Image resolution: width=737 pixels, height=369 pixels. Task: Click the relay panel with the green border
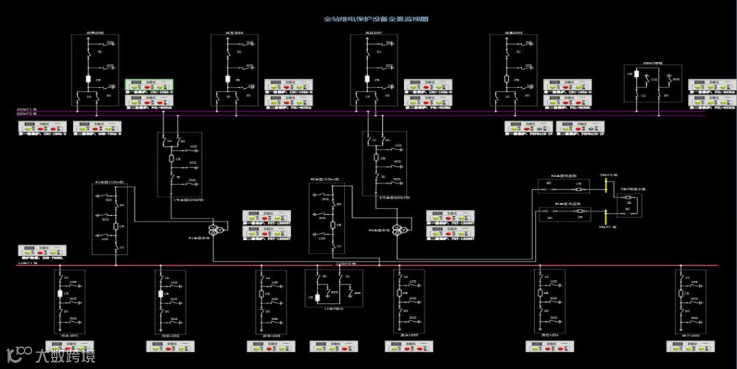149,87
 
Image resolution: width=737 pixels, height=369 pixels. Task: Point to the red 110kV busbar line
369,266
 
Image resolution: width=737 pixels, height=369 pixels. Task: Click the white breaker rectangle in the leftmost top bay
89,79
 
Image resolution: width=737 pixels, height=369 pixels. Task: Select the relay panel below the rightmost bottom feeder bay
691,346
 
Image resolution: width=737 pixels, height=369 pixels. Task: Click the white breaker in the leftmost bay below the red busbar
61,294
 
